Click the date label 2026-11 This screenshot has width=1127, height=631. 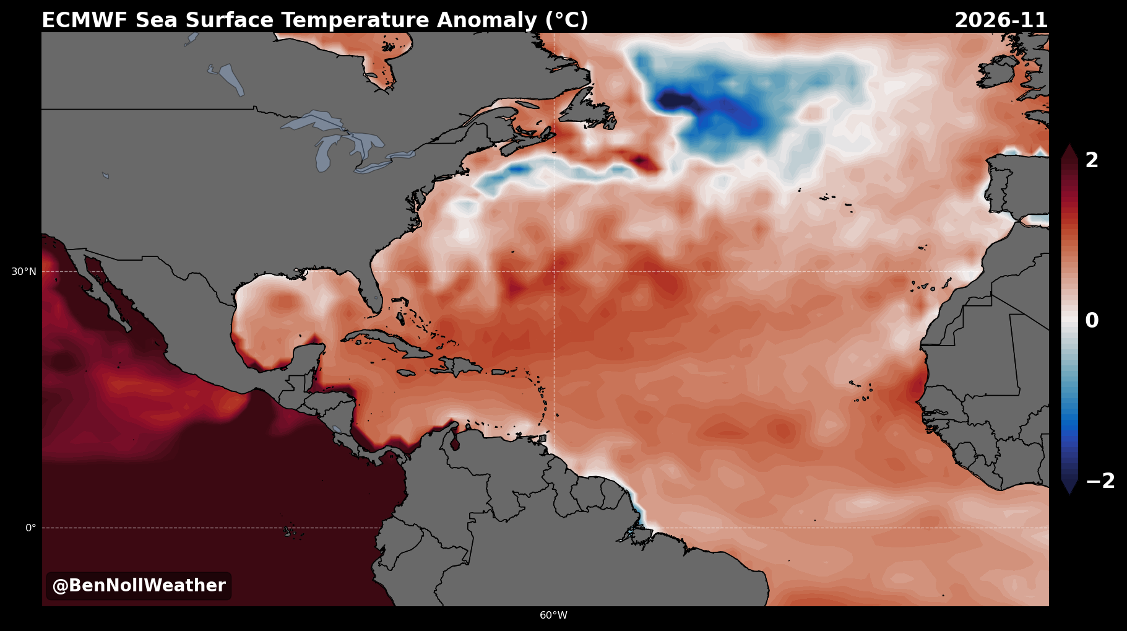[1001, 20]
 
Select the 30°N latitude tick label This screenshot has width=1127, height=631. [24, 271]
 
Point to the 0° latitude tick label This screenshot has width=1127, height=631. [30, 528]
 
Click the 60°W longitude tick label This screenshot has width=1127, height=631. [553, 615]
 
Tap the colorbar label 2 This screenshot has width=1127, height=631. [1092, 160]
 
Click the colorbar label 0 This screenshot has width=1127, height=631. [1092, 321]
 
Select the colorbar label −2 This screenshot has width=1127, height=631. [1100, 481]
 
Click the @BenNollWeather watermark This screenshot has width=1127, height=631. [139, 586]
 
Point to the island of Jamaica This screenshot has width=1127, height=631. [406, 373]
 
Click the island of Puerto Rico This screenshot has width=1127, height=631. [501, 372]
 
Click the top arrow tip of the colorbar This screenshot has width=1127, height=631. [1069, 144]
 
